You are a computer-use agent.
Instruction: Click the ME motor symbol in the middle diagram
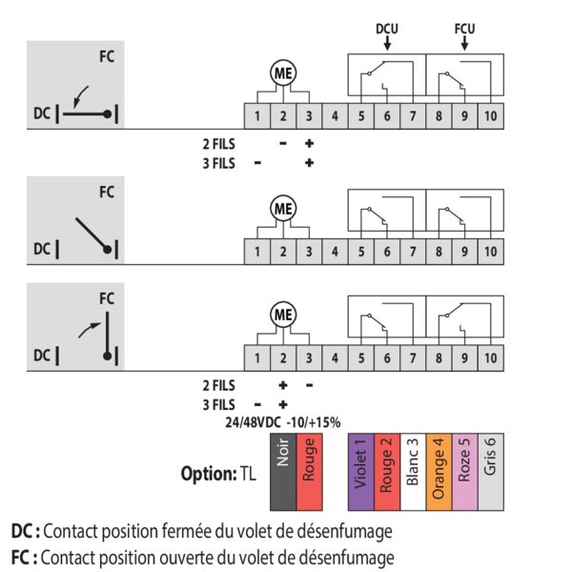coord(283,208)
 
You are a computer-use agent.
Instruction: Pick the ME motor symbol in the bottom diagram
coord(283,314)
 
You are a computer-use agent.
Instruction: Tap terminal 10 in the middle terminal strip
coord(489,252)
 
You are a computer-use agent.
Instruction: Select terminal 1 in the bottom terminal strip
coord(257,357)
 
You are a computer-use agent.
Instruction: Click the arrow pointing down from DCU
coord(386,42)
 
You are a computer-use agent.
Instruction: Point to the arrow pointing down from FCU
coord(465,42)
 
